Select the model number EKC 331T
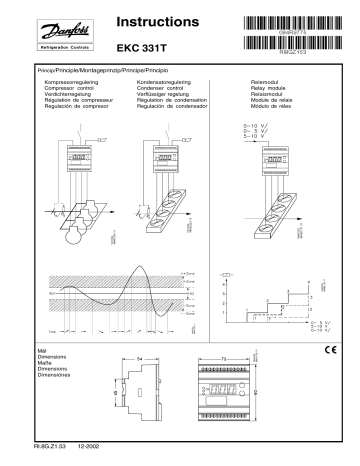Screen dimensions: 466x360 tap(142, 47)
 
